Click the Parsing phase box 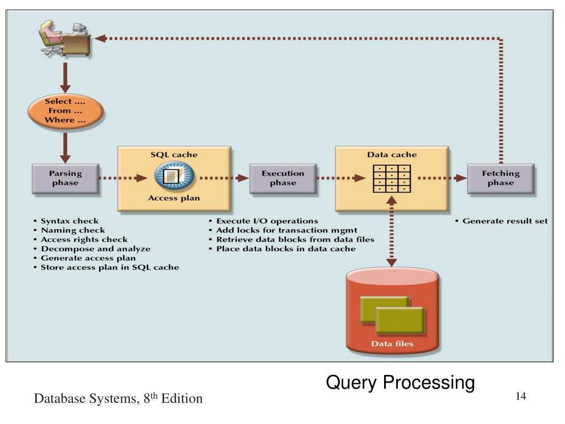tap(66, 178)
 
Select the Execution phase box tap(283, 178)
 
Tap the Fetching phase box tap(501, 178)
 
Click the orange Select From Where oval tap(66, 110)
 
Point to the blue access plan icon tap(174, 176)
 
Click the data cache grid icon tap(392, 179)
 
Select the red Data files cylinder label tap(392, 343)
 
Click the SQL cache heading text tap(174, 155)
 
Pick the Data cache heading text tap(392, 155)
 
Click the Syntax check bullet tap(66, 221)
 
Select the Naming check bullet tap(69, 230)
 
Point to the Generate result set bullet tap(501, 221)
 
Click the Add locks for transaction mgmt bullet tap(283, 230)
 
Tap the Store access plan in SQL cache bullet tap(106, 268)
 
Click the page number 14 tap(521, 396)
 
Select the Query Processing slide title tap(401, 383)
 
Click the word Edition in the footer tap(182, 399)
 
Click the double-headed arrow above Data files tap(392, 231)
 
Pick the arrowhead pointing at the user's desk tap(99, 38)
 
